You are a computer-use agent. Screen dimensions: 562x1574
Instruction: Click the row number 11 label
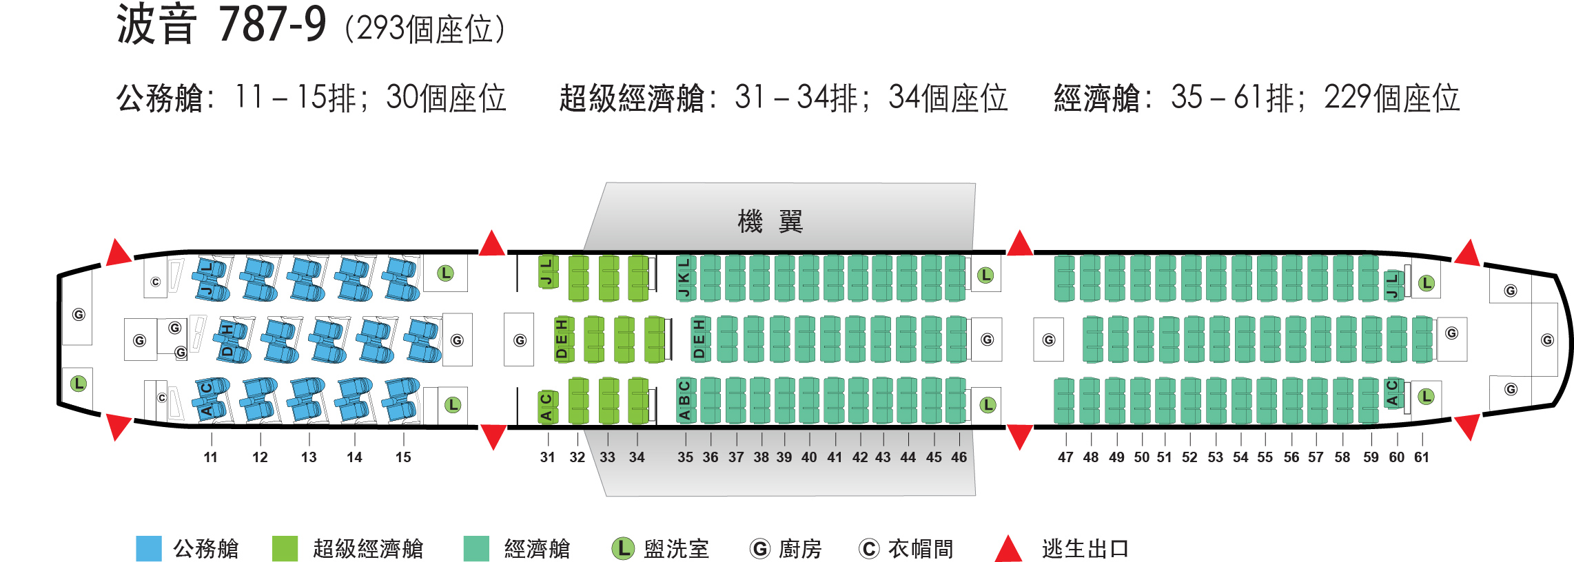coord(210,457)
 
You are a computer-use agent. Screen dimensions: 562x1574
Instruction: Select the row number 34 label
coord(637,457)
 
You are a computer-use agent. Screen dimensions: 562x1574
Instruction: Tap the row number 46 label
coord(959,457)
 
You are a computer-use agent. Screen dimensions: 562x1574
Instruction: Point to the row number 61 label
coord(1421,457)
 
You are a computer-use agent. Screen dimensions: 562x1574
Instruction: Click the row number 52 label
coord(1189,457)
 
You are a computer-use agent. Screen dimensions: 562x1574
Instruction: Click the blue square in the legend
coord(149,549)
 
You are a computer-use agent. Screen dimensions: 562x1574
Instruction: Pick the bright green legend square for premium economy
coord(285,549)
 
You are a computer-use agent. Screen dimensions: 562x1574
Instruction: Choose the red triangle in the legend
coord(1008,550)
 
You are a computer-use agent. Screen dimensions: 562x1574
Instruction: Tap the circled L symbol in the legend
coord(623,549)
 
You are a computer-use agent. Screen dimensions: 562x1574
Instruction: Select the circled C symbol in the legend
coord(868,549)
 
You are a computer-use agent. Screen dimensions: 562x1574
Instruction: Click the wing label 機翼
coord(770,222)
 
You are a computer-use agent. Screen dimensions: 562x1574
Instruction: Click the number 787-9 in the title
coord(272,25)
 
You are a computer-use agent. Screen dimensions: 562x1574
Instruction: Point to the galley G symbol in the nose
coord(79,315)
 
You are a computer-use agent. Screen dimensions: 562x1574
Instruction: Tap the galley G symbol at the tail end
coord(1547,340)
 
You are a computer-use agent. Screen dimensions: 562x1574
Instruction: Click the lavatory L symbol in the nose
coord(79,384)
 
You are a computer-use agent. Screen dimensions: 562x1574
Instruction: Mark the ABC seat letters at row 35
coord(684,400)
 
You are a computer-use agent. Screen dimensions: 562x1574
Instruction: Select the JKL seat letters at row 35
coord(684,278)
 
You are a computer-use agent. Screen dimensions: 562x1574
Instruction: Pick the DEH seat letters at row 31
coord(562,340)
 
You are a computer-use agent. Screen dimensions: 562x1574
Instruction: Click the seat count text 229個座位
coord(1391,98)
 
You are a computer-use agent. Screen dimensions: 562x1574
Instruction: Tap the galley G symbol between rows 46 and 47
coord(1049,340)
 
